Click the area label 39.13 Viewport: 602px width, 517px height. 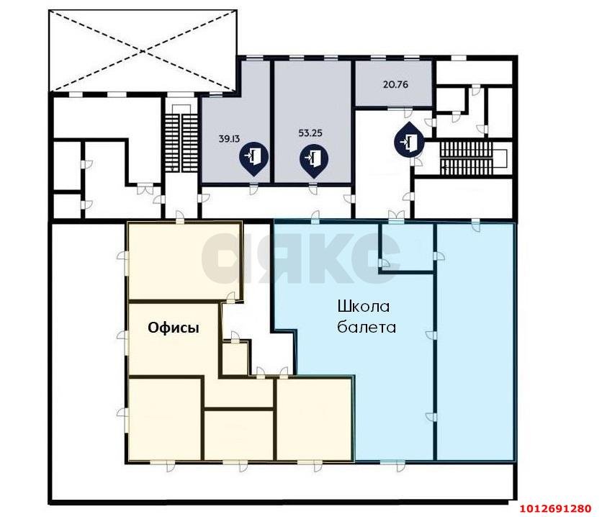(228, 139)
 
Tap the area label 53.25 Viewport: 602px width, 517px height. (310, 133)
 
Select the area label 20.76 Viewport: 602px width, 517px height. (395, 84)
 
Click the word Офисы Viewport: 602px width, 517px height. (174, 328)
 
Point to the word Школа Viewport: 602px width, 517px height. (364, 307)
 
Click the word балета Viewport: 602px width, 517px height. (367, 328)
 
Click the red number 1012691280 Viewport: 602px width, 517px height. (555, 509)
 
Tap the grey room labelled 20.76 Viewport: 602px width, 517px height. (393, 83)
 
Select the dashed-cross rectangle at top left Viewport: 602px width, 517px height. (143, 50)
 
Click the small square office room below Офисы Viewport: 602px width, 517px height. (235, 359)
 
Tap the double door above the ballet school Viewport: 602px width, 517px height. (396, 216)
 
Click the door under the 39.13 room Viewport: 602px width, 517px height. (253, 189)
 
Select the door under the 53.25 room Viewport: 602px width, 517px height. (313, 189)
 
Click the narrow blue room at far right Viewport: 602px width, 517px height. (475, 342)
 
